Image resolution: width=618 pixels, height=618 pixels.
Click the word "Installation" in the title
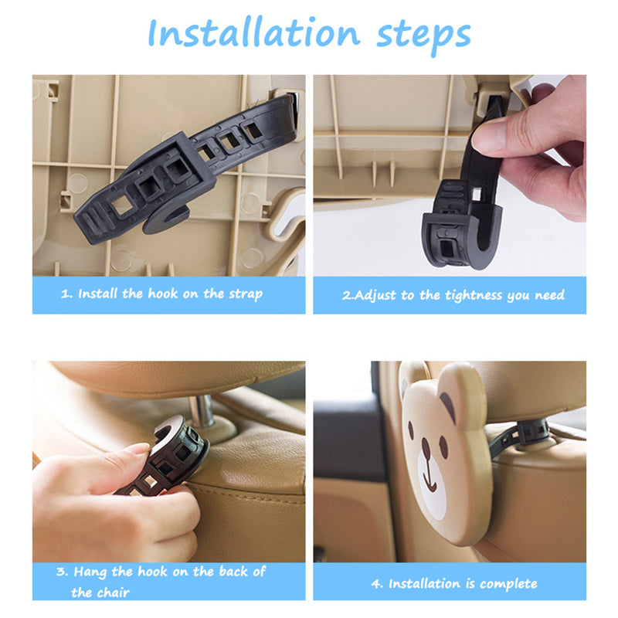coord(253,32)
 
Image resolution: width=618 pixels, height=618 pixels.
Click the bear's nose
coord(426,444)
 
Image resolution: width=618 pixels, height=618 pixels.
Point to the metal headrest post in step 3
coord(201,411)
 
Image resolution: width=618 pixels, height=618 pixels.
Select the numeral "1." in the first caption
coord(66,294)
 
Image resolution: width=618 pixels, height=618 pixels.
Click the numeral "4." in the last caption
coord(376,584)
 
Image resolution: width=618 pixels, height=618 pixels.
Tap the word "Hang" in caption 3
coord(90,572)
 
